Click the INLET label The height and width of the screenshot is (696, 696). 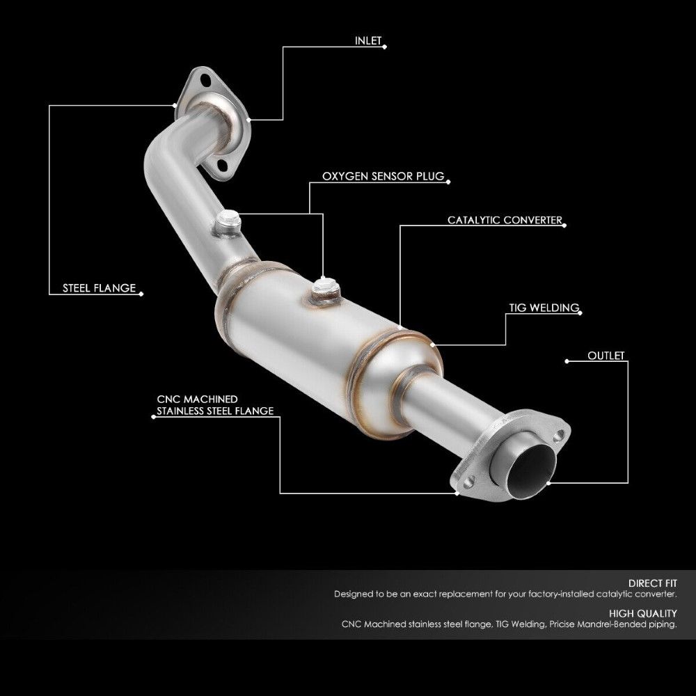point(367,41)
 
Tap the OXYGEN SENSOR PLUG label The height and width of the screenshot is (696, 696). point(383,177)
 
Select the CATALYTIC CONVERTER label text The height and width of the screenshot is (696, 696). point(504,221)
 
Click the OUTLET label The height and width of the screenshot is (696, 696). point(606,356)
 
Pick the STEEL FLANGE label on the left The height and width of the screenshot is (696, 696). point(99,288)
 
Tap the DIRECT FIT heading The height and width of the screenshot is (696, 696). point(652,583)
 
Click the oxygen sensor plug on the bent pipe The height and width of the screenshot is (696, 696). point(227,221)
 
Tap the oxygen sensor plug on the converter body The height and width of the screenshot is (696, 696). point(325,285)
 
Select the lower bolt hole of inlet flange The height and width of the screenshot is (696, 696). point(203,165)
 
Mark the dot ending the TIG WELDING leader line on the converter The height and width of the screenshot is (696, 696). point(432,343)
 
